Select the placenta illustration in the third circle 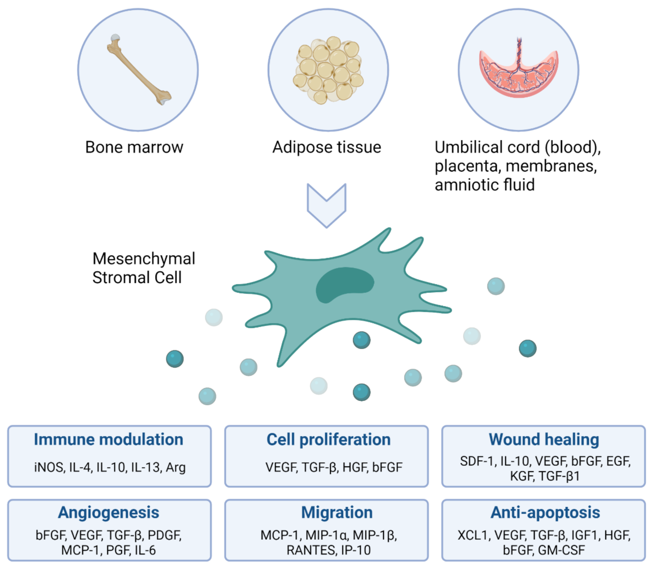click(519, 73)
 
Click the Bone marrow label click(134, 147)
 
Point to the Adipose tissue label click(327, 147)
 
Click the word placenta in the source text click(465, 166)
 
